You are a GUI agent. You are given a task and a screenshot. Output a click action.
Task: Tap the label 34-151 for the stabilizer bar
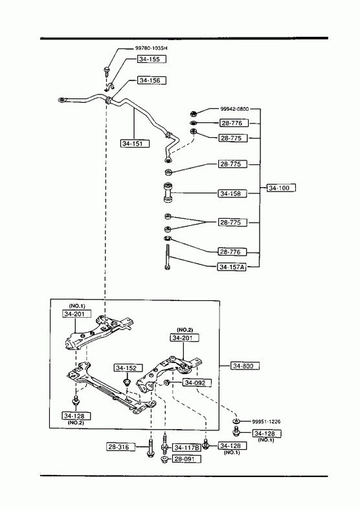pyautogui.click(x=135, y=143)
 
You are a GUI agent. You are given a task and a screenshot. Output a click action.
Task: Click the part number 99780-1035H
pyautogui.click(x=152, y=49)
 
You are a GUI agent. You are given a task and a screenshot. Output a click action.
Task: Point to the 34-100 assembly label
pyautogui.click(x=281, y=188)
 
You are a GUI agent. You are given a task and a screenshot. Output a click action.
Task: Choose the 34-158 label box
pyautogui.click(x=232, y=193)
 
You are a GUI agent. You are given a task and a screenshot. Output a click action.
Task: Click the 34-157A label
pyautogui.click(x=232, y=267)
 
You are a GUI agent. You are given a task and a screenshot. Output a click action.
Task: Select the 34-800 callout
pyautogui.click(x=245, y=366)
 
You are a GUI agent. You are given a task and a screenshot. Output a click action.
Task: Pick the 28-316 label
pyautogui.click(x=120, y=447)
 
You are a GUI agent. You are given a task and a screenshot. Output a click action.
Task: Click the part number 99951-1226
pyautogui.click(x=266, y=421)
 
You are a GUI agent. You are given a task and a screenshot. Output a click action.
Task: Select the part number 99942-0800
pyautogui.click(x=234, y=109)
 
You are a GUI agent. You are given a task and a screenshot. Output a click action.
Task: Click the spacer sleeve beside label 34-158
pyautogui.click(x=168, y=193)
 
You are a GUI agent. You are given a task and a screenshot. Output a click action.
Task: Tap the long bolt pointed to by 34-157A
pyautogui.click(x=167, y=257)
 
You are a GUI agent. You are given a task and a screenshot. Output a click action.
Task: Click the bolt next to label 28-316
pyautogui.click(x=150, y=447)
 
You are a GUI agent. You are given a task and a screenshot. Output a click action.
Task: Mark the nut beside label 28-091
pyautogui.click(x=164, y=459)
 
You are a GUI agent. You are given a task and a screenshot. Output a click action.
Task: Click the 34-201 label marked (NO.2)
pyautogui.click(x=185, y=338)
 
